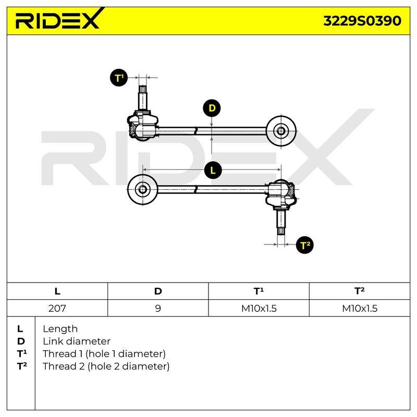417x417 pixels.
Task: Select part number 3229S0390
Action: click(362, 21)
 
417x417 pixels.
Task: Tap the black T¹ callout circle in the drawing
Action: click(119, 78)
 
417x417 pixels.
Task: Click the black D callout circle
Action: click(212, 108)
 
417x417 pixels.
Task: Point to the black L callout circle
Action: click(213, 170)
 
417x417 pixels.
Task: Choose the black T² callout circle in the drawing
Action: click(305, 244)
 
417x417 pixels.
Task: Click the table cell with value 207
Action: click(57, 308)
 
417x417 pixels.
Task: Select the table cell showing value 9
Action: click(158, 308)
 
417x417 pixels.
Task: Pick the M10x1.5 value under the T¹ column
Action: click(259, 308)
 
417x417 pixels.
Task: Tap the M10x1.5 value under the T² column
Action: click(360, 308)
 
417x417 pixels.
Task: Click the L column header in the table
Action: click(57, 291)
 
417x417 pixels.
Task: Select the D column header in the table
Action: click(158, 291)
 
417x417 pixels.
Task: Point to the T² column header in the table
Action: click(360, 291)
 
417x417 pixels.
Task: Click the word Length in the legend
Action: click(60, 329)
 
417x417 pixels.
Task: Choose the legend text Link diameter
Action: click(77, 341)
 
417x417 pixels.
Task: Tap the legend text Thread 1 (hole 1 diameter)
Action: click(104, 354)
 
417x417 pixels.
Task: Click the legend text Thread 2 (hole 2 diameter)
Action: click(106, 366)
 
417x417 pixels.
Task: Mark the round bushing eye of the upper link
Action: click(281, 131)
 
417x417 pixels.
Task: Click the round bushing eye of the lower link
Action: click(142, 189)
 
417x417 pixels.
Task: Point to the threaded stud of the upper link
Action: click(143, 98)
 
